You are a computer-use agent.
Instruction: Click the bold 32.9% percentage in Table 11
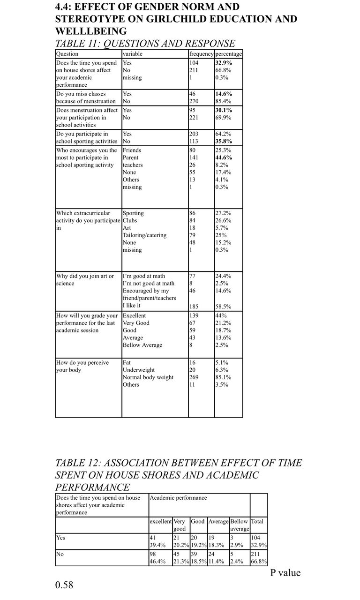[x=223, y=62]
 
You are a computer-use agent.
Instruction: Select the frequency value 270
[x=194, y=101]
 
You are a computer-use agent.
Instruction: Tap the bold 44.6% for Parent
[x=224, y=158]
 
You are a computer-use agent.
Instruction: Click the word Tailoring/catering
[x=144, y=235]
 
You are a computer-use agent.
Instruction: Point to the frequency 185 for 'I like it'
[x=194, y=307]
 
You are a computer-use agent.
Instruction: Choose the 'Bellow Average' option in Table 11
[x=142, y=345]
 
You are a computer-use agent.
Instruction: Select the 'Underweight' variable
[x=138, y=370]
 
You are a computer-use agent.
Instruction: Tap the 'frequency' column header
[x=201, y=54]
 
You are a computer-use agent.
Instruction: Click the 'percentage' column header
[x=229, y=54]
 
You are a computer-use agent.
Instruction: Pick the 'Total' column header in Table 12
[x=257, y=521]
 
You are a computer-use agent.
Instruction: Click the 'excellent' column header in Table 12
[x=160, y=521]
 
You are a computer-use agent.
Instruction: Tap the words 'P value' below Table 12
[x=285, y=573]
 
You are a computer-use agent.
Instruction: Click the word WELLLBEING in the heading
[x=91, y=31]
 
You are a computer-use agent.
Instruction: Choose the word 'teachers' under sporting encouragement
[x=132, y=165]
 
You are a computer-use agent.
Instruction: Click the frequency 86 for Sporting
[x=193, y=213]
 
